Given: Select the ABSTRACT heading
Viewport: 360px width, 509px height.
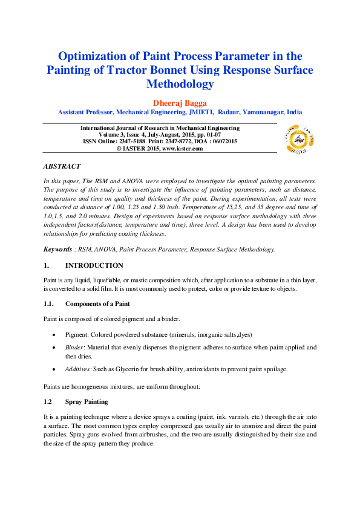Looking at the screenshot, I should point(62,166).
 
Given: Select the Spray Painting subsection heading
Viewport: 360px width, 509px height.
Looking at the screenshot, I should point(87,401).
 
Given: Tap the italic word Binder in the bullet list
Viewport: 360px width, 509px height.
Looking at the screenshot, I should point(74,348).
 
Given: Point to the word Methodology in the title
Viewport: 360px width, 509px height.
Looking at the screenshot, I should point(180,84).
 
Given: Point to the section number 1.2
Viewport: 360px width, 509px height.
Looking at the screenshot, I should point(48,401).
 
